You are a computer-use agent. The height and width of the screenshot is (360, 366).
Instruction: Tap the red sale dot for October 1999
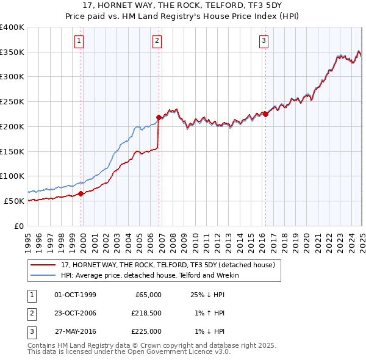[81, 193]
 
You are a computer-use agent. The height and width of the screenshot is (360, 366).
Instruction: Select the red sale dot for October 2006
[159, 117]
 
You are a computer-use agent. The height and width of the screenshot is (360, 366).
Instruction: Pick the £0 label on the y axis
[18, 226]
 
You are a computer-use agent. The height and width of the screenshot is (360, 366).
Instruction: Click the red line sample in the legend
[43, 265]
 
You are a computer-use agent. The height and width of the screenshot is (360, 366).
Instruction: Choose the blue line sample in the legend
[43, 275]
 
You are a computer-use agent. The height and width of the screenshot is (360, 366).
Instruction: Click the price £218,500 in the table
[146, 313]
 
